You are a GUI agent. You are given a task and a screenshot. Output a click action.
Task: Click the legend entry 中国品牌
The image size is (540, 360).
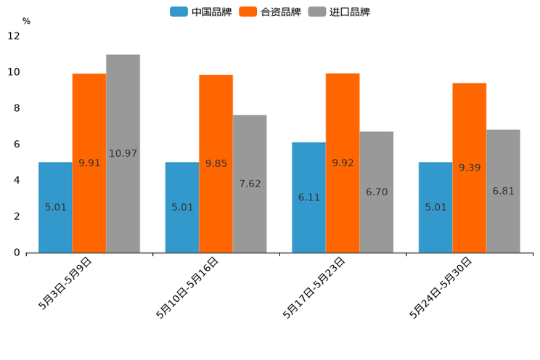tap(201, 12)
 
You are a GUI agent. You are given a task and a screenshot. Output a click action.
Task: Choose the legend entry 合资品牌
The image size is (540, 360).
tap(271, 12)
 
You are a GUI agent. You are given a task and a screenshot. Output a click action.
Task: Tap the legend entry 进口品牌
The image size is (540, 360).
tap(340, 12)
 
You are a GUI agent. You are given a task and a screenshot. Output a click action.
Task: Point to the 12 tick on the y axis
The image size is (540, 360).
tap(15, 36)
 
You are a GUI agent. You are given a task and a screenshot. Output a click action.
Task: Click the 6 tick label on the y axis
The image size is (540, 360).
tap(16, 144)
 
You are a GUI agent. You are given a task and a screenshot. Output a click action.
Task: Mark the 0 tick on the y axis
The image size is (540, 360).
tap(16, 253)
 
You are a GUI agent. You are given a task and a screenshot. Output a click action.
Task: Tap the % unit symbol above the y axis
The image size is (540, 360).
tap(26, 21)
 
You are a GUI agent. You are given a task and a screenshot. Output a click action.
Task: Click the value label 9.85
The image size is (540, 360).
tap(216, 164)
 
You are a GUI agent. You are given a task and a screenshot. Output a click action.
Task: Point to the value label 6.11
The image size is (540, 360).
tap(308, 197)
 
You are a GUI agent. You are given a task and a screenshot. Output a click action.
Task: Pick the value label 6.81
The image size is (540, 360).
tap(503, 191)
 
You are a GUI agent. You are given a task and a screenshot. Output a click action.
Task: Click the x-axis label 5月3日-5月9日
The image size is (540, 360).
tap(65, 284)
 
